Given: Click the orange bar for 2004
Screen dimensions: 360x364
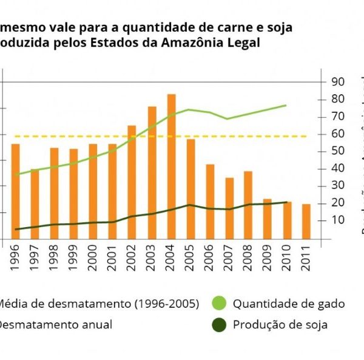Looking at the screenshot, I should tap(171, 167).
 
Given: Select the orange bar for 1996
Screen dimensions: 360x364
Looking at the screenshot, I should tap(16, 191).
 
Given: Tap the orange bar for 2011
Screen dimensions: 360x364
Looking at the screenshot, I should tap(306, 222).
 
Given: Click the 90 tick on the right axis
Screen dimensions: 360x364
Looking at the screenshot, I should tap(338, 82).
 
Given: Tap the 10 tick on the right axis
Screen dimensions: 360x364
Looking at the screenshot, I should tap(337, 220).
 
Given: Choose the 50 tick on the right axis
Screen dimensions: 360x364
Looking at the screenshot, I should tap(338, 151).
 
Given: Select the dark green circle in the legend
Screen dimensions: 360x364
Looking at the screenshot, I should tap(220, 325).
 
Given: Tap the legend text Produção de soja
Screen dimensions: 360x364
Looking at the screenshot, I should tap(280, 325).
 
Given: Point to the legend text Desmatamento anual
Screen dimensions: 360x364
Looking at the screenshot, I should tap(55, 325).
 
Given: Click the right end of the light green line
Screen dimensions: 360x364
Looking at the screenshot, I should tap(286, 105).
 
